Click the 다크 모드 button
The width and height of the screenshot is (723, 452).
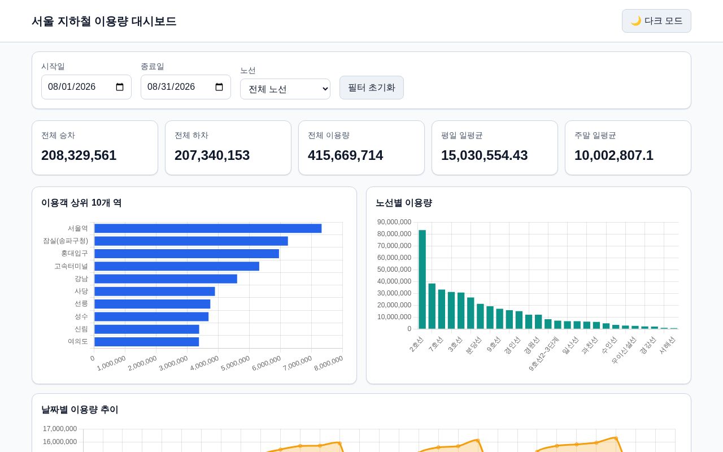click(x=656, y=21)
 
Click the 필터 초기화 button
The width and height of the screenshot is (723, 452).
click(x=371, y=88)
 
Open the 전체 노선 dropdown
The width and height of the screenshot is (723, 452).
click(x=285, y=89)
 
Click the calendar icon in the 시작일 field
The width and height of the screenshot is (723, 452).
click(x=120, y=87)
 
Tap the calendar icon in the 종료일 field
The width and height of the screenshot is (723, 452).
click(x=219, y=87)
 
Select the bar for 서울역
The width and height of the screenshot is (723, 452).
click(x=208, y=228)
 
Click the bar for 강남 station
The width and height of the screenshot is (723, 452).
click(x=165, y=279)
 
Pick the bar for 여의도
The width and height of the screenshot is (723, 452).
click(x=146, y=342)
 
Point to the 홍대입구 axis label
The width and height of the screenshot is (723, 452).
click(x=75, y=254)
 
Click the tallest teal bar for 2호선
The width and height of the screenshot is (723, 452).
click(x=422, y=279)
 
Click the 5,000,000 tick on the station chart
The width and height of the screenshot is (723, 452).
click(x=236, y=363)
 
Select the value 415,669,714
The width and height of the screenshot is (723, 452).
click(x=345, y=155)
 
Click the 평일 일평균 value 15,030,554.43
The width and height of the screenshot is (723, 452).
click(x=484, y=155)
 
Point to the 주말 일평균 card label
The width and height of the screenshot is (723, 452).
click(x=595, y=135)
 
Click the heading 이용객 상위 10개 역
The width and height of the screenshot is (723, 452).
click(x=81, y=203)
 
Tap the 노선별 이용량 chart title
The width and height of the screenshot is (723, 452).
click(x=404, y=203)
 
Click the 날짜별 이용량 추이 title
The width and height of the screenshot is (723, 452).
click(x=80, y=410)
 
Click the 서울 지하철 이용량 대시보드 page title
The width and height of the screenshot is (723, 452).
click(x=104, y=21)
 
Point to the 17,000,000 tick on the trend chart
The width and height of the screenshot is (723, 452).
click(x=60, y=429)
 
